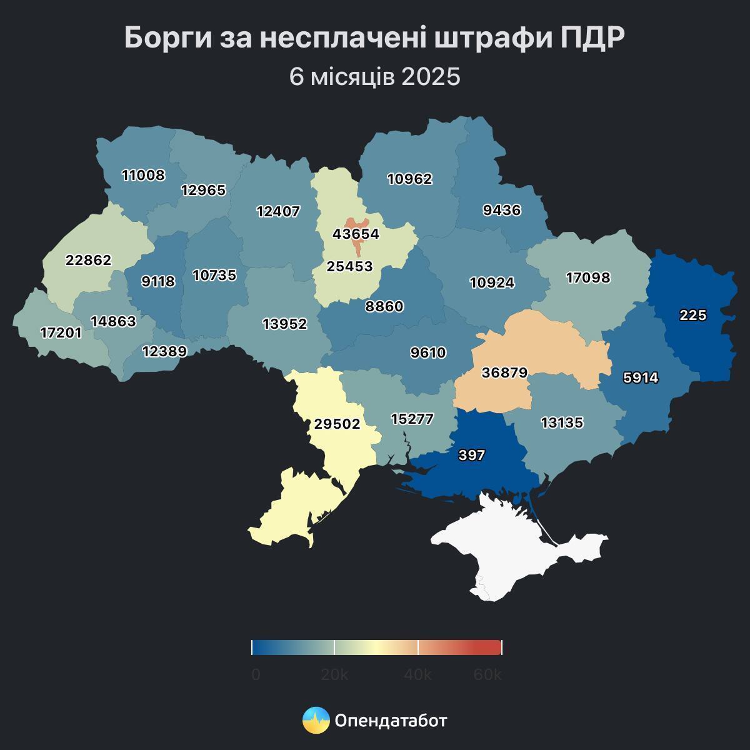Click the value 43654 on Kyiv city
pyautogui.click(x=356, y=234)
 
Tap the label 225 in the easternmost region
pyautogui.click(x=692, y=316)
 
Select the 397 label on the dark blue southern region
pyautogui.click(x=471, y=455)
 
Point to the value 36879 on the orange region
pyautogui.click(x=504, y=372)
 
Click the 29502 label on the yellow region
pyautogui.click(x=337, y=424)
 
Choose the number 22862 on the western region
pyautogui.click(x=88, y=260)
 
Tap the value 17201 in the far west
pyautogui.click(x=61, y=333)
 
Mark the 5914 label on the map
pyautogui.click(x=641, y=377)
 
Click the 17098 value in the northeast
pyautogui.click(x=587, y=277)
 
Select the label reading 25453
pyautogui.click(x=349, y=266)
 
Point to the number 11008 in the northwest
pyautogui.click(x=143, y=175)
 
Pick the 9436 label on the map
pyautogui.click(x=501, y=210)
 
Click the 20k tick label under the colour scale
pyautogui.click(x=334, y=675)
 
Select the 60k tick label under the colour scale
pyautogui.click(x=487, y=675)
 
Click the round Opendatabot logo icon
pyautogui.click(x=316, y=721)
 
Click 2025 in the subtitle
pyautogui.click(x=431, y=77)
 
